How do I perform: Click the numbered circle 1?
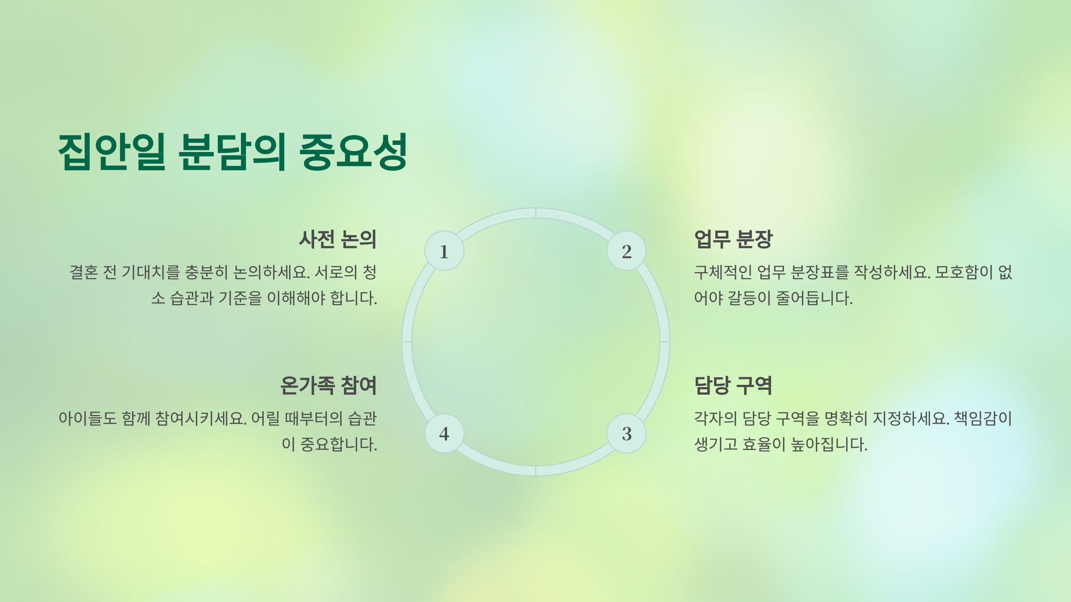[x=444, y=251]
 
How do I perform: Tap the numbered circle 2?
[x=627, y=251]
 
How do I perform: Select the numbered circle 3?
[x=627, y=433]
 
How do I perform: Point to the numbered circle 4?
[x=444, y=433]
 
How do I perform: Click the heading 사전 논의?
[x=337, y=239]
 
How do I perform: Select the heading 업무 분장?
[x=733, y=239]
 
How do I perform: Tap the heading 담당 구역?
[x=733, y=385]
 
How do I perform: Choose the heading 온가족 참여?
[x=328, y=385]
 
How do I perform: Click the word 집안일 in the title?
[x=112, y=152]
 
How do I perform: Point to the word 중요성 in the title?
[x=353, y=152]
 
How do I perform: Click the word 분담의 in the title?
[x=232, y=152]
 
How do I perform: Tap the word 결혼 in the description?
[x=83, y=272]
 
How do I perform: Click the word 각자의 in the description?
[x=715, y=418]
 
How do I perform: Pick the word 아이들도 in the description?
[x=87, y=418]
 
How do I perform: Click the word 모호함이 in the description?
[x=964, y=272]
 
